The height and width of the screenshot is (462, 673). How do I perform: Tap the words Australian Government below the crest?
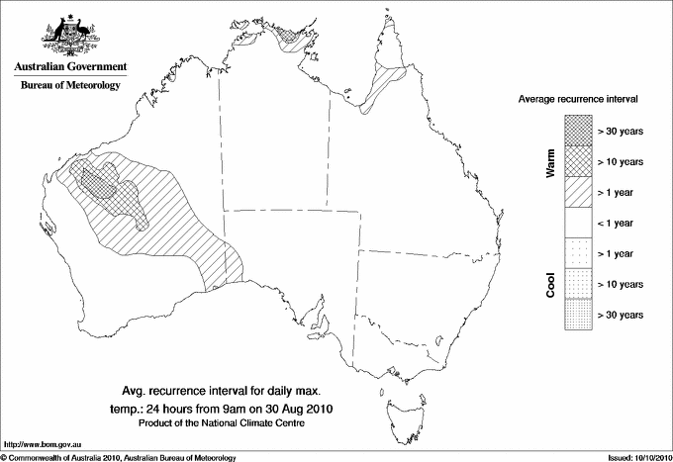pyautogui.click(x=70, y=67)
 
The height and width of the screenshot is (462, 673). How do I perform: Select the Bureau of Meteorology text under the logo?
pyautogui.click(x=70, y=86)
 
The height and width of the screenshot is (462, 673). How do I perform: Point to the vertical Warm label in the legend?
pyautogui.click(x=550, y=164)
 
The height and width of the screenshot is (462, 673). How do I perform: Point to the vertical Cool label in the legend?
pyautogui.click(x=550, y=284)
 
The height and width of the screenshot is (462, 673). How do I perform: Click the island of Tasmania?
pyautogui.click(x=405, y=408)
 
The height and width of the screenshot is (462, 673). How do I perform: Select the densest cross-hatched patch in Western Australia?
pyautogui.click(x=98, y=181)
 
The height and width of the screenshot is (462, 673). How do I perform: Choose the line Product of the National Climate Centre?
pyautogui.click(x=234, y=423)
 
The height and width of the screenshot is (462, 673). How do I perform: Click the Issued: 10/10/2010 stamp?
pyautogui.click(x=633, y=457)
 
